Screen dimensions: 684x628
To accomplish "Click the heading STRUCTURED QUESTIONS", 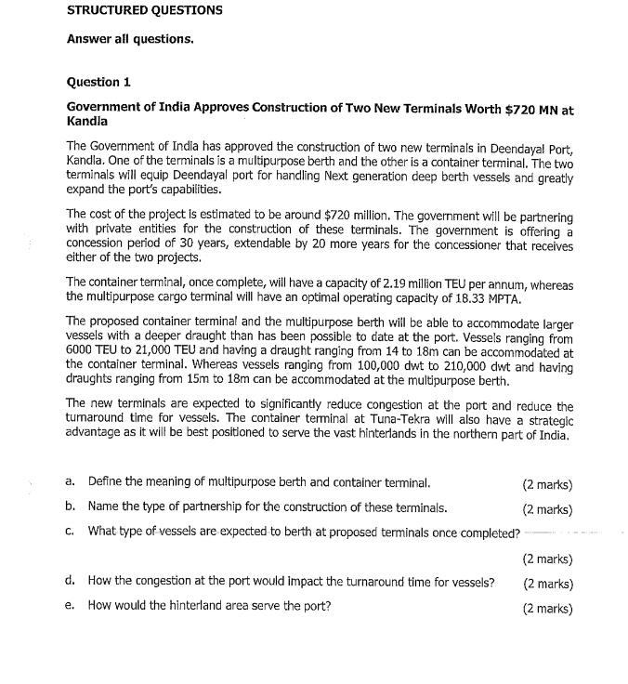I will (x=144, y=11).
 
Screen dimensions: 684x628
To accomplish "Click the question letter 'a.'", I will (x=71, y=483).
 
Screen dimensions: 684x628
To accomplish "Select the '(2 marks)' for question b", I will (x=547, y=509).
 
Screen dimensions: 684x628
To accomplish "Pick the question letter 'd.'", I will (x=71, y=583).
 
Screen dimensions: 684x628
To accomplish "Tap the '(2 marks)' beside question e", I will (x=547, y=609).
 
